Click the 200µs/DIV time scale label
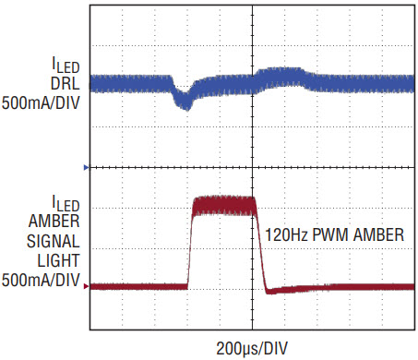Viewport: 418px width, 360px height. point(252,349)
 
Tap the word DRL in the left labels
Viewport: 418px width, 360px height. point(65,83)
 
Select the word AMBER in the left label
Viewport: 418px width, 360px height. point(54,221)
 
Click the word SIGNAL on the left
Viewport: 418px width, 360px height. point(54,241)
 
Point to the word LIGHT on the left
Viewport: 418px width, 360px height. point(58,260)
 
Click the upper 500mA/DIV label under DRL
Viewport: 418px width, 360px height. point(41,102)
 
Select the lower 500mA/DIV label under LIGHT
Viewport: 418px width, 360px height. point(41,281)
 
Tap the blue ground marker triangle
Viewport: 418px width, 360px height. point(86,167)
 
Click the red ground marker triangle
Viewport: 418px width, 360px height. point(86,286)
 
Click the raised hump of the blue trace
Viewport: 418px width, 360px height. point(281,77)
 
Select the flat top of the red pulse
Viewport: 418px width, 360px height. point(224,205)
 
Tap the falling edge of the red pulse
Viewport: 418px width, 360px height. point(261,246)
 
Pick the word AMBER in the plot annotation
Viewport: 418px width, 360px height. point(378,234)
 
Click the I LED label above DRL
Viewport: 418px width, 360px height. point(66,65)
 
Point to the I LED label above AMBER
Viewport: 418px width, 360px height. point(66,203)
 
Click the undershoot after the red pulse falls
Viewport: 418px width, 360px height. point(271,291)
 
